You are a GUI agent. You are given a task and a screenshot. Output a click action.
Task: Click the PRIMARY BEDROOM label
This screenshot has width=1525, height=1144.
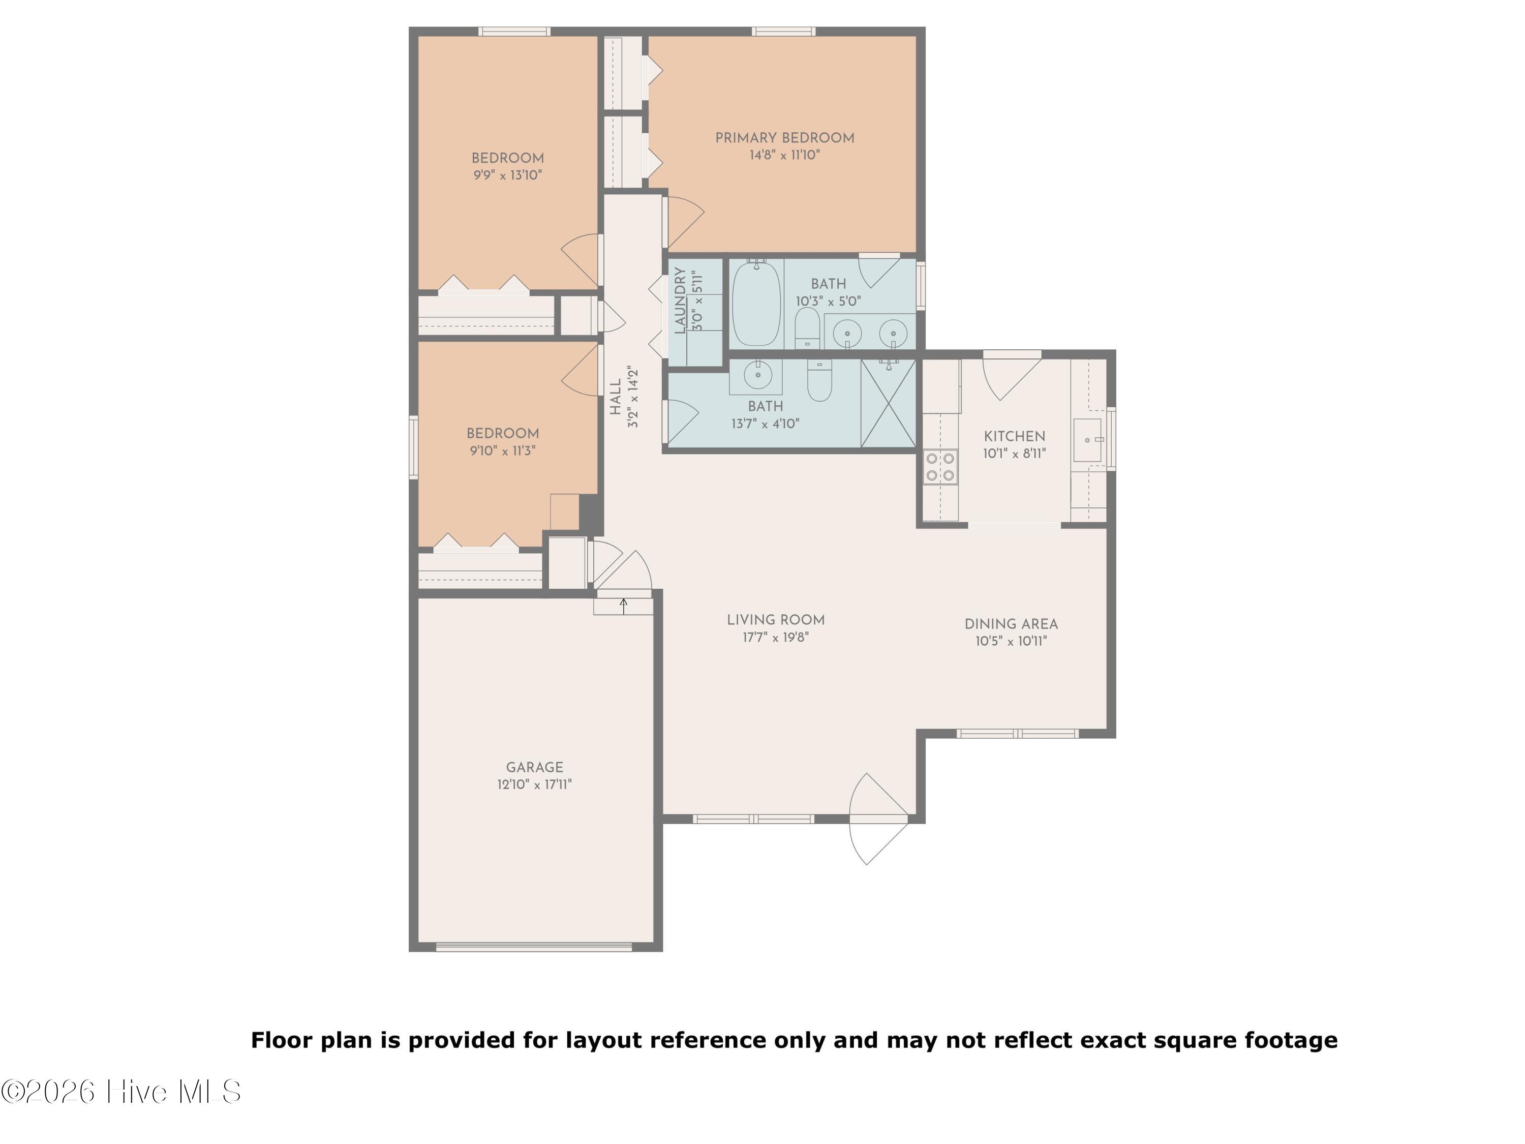click(x=784, y=138)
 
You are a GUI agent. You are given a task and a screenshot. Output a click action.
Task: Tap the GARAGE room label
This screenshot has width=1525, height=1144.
click(x=534, y=767)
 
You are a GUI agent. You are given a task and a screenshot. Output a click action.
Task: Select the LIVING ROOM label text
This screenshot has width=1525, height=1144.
click(x=776, y=620)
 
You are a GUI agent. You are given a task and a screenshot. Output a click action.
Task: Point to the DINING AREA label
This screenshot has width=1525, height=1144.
click(x=1011, y=624)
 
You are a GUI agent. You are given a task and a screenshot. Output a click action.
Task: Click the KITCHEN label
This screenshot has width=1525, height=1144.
click(x=1014, y=436)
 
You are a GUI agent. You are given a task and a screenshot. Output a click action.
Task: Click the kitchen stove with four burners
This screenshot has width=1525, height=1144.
click(x=940, y=466)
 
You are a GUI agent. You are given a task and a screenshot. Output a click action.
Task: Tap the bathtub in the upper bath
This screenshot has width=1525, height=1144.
click(x=756, y=304)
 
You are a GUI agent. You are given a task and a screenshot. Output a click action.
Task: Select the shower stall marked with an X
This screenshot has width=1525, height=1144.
click(x=889, y=403)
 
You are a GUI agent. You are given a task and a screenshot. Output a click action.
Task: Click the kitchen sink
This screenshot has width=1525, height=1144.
click(x=1087, y=440)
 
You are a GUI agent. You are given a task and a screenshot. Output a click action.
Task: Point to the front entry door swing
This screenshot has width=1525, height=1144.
click(x=877, y=819)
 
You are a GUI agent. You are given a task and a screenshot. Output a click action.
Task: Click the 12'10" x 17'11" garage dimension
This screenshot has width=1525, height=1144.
click(x=534, y=785)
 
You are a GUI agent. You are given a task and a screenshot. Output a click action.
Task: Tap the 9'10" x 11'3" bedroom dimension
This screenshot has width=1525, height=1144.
click(x=503, y=451)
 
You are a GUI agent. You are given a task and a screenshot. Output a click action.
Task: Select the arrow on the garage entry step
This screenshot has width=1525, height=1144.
click(x=623, y=606)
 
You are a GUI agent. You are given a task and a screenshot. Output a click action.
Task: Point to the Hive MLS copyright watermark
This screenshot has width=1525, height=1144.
click(x=121, y=1092)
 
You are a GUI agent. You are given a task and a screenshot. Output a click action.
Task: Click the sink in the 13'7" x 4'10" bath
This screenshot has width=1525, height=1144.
click(x=757, y=376)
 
